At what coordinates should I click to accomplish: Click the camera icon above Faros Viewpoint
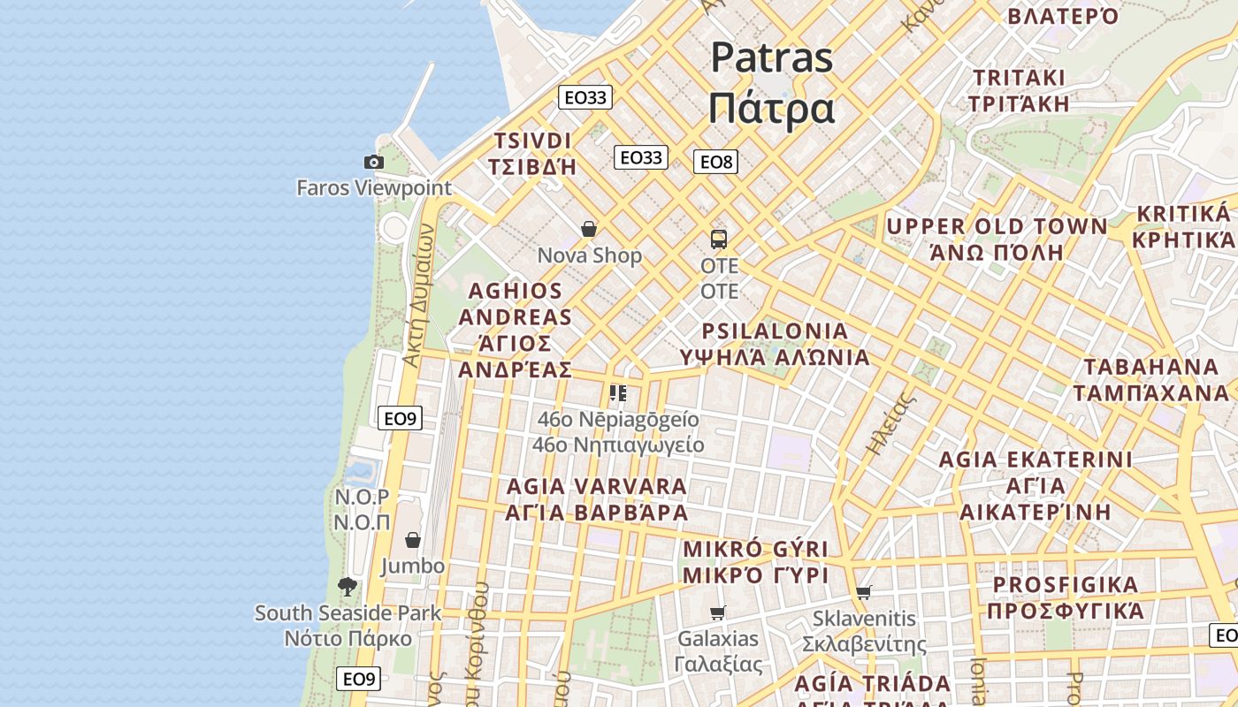click(x=374, y=162)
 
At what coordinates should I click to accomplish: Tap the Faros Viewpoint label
click(x=374, y=187)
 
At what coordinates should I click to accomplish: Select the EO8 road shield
click(x=715, y=162)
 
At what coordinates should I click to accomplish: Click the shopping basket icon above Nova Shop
click(x=589, y=230)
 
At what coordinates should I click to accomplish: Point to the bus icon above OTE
click(x=719, y=239)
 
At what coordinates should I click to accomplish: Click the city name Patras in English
click(x=771, y=58)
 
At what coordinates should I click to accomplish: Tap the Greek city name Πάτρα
click(x=771, y=109)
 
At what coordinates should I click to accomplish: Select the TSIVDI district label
click(x=532, y=141)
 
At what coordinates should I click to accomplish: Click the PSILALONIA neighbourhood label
click(x=775, y=331)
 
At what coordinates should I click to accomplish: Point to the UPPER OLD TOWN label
click(x=997, y=227)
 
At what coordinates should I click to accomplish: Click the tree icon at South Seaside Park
click(x=348, y=586)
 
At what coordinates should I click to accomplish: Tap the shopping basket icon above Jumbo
click(x=413, y=540)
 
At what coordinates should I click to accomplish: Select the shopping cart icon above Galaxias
click(x=718, y=612)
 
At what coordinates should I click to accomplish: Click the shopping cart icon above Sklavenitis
click(x=864, y=592)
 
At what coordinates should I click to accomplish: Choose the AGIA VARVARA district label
click(x=596, y=487)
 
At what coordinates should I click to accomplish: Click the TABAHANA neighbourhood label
click(x=1150, y=367)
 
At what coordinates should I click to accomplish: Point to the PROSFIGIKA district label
click(x=1065, y=585)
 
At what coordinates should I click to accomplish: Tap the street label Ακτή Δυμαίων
click(x=418, y=294)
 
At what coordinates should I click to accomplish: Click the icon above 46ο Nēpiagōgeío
click(x=618, y=392)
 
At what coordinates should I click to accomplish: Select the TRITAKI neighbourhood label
click(x=1019, y=78)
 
